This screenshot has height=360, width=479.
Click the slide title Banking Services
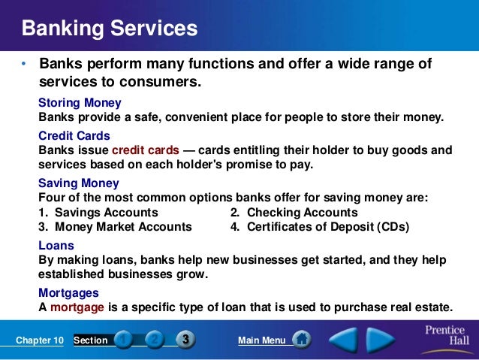(110, 29)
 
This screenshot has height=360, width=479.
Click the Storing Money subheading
(80, 102)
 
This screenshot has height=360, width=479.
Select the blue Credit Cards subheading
(74, 136)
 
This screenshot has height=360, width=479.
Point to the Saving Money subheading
(78, 183)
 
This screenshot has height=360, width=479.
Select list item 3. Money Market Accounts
(115, 226)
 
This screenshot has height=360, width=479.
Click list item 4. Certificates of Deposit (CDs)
(319, 226)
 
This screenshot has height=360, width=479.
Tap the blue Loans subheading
(56, 245)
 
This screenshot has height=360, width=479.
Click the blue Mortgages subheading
(68, 292)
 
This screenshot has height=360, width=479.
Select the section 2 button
(154, 340)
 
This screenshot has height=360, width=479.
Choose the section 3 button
(184, 340)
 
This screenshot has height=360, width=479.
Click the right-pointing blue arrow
(381, 340)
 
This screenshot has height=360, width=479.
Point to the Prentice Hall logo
(444, 337)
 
